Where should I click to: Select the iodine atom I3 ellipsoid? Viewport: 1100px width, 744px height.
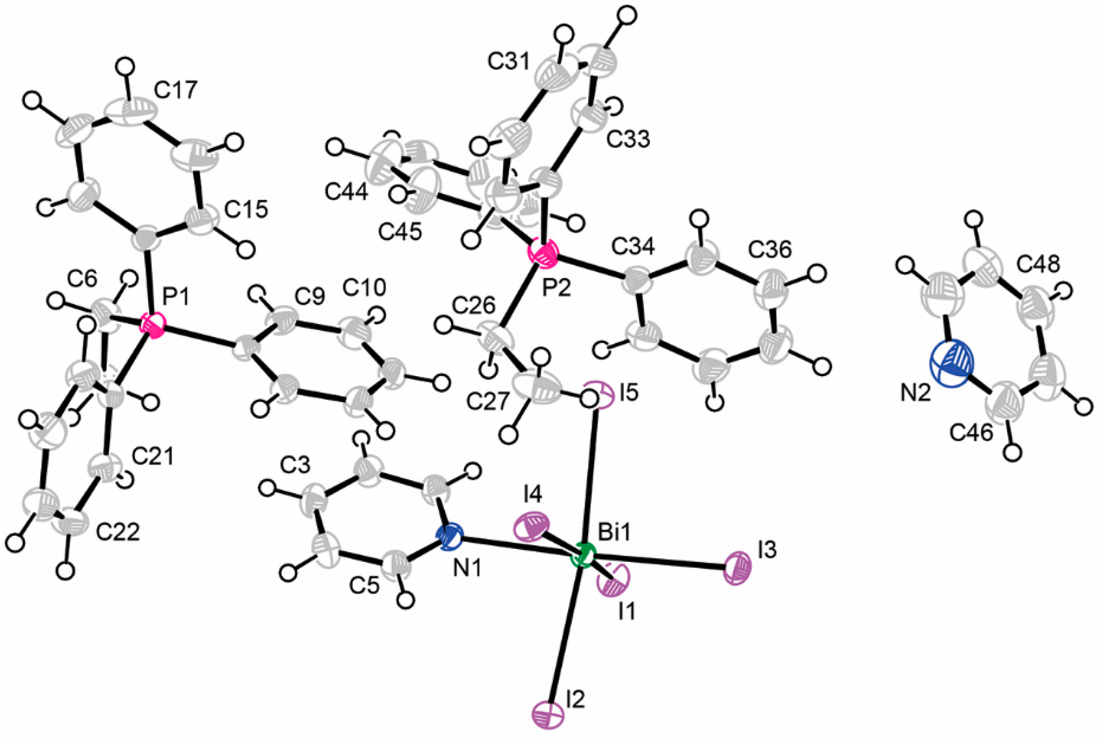click(x=737, y=565)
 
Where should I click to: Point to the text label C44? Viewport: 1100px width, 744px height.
click(x=346, y=193)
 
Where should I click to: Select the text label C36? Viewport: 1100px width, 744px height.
click(x=769, y=249)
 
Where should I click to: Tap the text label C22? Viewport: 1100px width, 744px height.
click(x=118, y=532)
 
